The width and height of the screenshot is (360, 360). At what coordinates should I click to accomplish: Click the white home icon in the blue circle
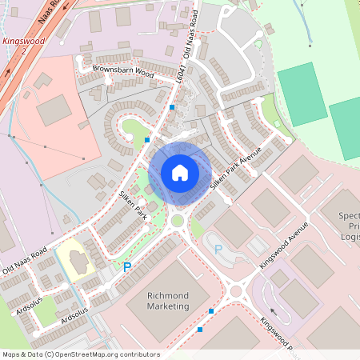point(180,173)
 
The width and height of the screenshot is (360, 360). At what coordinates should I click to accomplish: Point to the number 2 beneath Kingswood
point(24,50)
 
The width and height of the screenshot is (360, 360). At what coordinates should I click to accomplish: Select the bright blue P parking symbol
point(126,266)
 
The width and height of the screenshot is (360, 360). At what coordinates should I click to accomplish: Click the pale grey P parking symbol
point(218,250)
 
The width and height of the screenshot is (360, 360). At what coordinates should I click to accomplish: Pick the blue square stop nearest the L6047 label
point(172,107)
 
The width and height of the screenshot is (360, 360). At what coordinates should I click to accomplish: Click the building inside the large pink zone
point(54,110)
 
